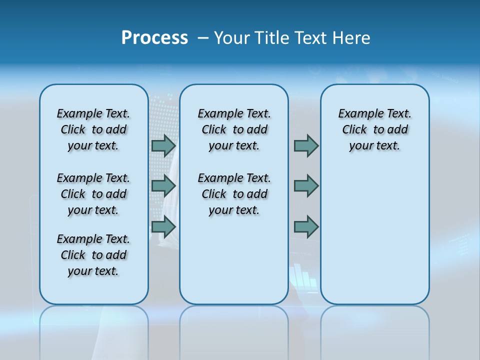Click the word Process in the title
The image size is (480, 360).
pos(154,38)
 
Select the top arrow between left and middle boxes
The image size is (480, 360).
pos(163,145)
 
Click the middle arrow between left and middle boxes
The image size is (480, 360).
pos(163,186)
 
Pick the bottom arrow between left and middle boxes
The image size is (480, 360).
pos(163,226)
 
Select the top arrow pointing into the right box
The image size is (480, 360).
pos(306,145)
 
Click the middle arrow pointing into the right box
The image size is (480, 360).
pos(306,186)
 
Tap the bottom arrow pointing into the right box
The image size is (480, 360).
pos(306,226)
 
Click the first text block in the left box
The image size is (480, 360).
pos(93,129)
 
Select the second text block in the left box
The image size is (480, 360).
pos(93,194)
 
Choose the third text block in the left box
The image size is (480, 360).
pos(93,255)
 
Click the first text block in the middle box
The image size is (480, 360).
pos(234,129)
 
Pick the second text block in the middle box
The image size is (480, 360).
pos(234,194)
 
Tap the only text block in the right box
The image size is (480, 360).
pos(374,129)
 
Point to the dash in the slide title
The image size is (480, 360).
pos(203,38)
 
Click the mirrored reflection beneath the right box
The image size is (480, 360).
pos(374,330)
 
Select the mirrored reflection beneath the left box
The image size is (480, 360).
pos(93,330)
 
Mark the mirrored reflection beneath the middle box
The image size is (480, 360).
pos(234,330)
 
